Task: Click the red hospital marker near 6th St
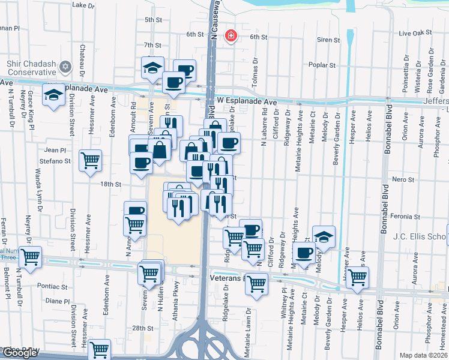point(231,36)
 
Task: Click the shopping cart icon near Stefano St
point(90,160)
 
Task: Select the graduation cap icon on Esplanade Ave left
point(53,94)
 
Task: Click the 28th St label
point(143,328)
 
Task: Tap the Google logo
point(20,353)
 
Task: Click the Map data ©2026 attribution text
point(424,355)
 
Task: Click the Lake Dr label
point(83,5)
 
